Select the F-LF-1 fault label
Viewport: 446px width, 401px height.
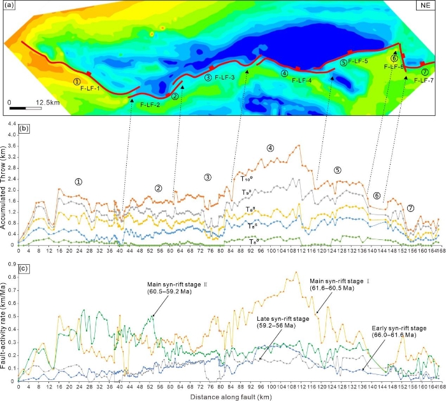[90, 88]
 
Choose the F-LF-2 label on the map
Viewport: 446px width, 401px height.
[150, 104]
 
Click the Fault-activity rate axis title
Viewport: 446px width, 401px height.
[6, 324]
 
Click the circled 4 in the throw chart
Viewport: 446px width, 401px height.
[270, 148]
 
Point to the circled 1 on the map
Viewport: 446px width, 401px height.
[76, 81]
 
